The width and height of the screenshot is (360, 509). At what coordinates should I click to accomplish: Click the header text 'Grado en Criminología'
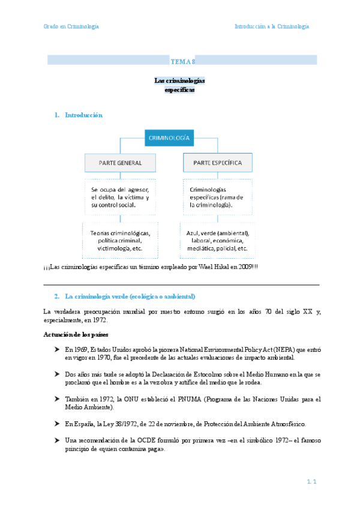pyautogui.click(x=71, y=26)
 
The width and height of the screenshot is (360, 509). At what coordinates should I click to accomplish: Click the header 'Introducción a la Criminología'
pyautogui.click(x=272, y=26)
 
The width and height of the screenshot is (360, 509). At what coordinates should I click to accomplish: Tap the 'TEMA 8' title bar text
pyautogui.click(x=182, y=61)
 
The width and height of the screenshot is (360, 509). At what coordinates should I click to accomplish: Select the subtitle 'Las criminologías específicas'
pyautogui.click(x=180, y=85)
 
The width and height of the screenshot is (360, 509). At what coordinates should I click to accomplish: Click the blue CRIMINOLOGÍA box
pyautogui.click(x=169, y=138)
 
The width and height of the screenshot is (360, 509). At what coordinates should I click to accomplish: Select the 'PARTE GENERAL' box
pyautogui.click(x=121, y=163)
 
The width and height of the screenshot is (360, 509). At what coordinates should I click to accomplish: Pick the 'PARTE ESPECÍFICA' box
pyautogui.click(x=218, y=163)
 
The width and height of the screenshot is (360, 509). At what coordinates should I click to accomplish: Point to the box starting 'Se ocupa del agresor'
pyautogui.click(x=121, y=197)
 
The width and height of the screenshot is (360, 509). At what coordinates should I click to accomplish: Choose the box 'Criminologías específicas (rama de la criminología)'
pyautogui.click(x=218, y=197)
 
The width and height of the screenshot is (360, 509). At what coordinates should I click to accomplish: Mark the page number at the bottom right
pyautogui.click(x=311, y=481)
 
